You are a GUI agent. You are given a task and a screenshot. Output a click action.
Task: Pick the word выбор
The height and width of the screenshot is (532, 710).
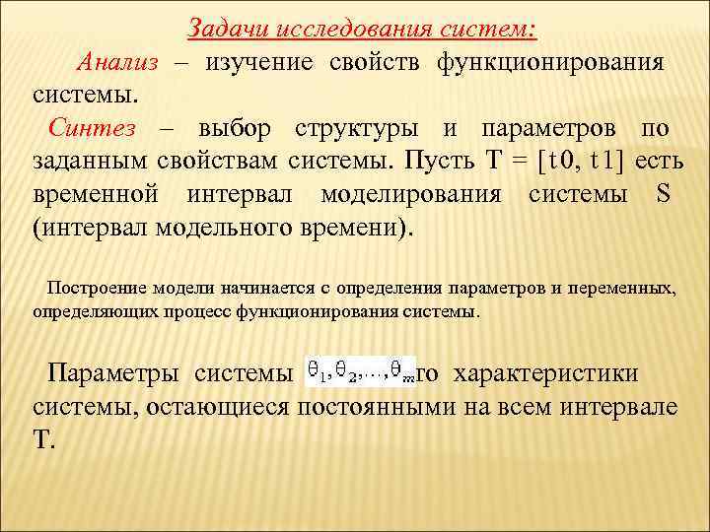tap(239, 130)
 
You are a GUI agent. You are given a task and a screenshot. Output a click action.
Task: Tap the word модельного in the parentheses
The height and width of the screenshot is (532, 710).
tap(218, 226)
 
